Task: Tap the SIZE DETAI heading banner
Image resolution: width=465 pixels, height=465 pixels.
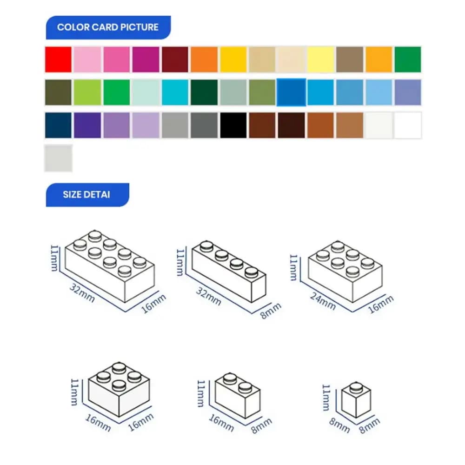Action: point(86,194)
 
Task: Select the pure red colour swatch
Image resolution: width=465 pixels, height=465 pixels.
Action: point(58,60)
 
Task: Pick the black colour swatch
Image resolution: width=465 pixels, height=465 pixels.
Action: point(233,126)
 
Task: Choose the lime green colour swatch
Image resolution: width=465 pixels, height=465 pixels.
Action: point(87,93)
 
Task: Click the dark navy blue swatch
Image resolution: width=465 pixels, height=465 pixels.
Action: point(58,126)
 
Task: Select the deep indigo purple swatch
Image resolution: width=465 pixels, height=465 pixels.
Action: point(87,126)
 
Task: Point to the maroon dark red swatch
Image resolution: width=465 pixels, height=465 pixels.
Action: point(175,60)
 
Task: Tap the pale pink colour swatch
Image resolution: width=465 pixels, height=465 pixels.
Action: point(87,60)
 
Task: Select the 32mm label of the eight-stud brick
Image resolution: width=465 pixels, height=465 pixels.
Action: point(82,293)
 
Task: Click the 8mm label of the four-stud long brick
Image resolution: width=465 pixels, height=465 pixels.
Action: point(272,311)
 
